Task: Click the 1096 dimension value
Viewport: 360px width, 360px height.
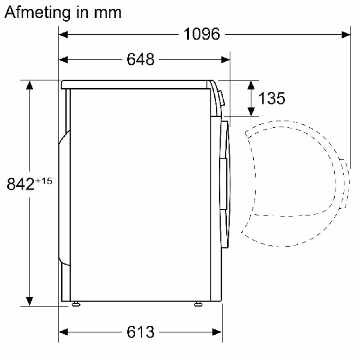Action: coord(202,34)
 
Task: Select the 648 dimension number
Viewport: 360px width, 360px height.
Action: coord(140,59)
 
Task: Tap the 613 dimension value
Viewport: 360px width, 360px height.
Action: coord(140,332)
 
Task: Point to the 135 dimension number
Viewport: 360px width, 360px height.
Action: coord(272,98)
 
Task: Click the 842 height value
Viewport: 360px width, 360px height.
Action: coord(21,184)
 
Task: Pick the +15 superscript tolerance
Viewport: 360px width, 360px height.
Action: coord(44,181)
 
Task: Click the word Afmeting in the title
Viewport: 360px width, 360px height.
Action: coord(38,13)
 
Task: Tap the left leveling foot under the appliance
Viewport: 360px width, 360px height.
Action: coord(76,304)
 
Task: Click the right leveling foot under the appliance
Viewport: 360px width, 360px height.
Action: coord(198,304)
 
